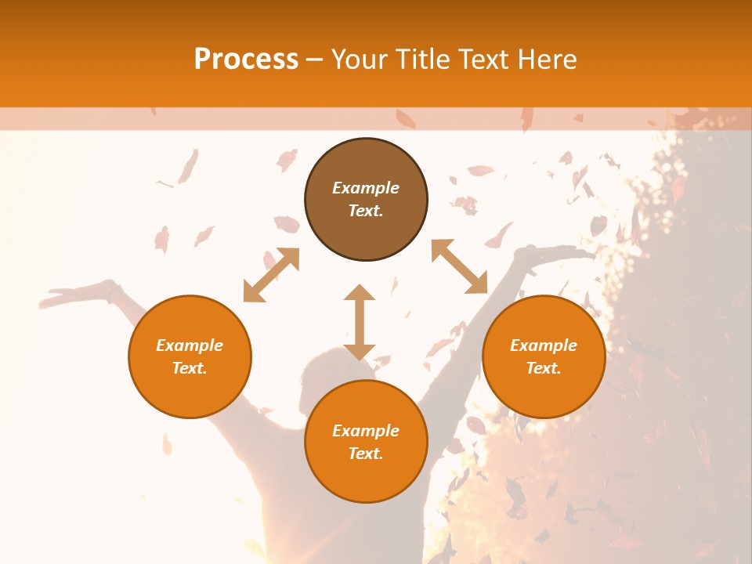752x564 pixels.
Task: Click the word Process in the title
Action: [x=246, y=60]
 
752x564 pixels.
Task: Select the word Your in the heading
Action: [x=358, y=60]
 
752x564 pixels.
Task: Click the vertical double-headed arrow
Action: [x=360, y=322]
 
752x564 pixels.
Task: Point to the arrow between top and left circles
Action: [x=271, y=275]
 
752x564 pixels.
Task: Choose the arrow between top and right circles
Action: [x=460, y=266]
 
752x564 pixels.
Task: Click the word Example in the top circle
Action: [x=366, y=188]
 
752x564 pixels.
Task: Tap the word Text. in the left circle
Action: [x=190, y=368]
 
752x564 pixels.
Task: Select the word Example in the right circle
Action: [x=544, y=345]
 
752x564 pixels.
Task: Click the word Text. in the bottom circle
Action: [x=366, y=454]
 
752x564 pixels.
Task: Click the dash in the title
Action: [x=314, y=60]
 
